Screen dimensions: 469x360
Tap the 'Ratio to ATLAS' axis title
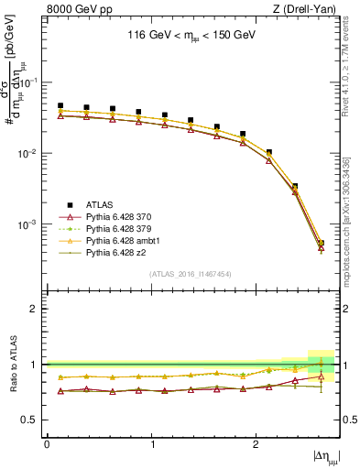pos(15,365)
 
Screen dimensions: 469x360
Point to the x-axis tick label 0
pos(47,444)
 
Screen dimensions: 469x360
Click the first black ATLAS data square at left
pos(60,106)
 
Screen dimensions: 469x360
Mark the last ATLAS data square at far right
pos(321,243)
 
